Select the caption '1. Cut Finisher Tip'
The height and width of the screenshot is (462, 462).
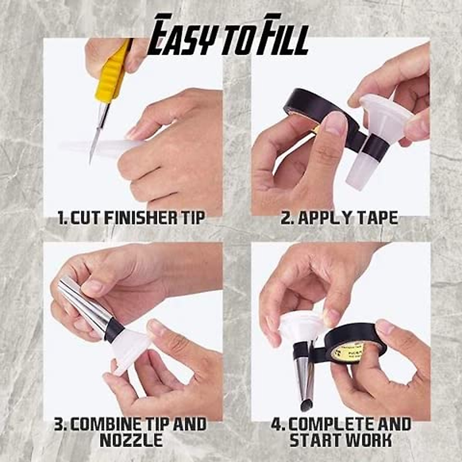point(131,218)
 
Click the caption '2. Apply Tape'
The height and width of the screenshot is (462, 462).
point(339,218)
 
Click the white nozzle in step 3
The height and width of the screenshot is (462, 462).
point(133,346)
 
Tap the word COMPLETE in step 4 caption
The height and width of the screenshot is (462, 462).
point(327,424)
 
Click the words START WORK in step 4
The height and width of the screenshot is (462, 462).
point(340,440)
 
